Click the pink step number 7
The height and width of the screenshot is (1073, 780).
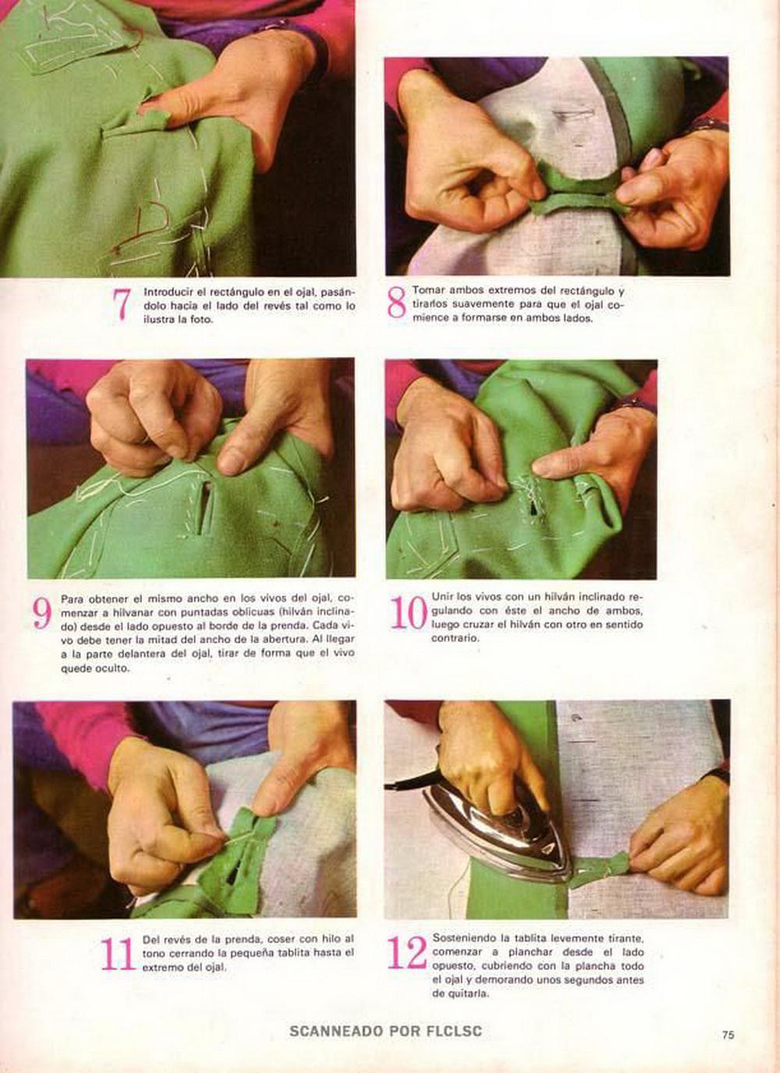point(122,304)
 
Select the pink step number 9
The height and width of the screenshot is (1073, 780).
point(42,614)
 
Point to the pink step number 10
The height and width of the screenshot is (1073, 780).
point(408,612)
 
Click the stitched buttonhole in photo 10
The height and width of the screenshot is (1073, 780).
point(531,498)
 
